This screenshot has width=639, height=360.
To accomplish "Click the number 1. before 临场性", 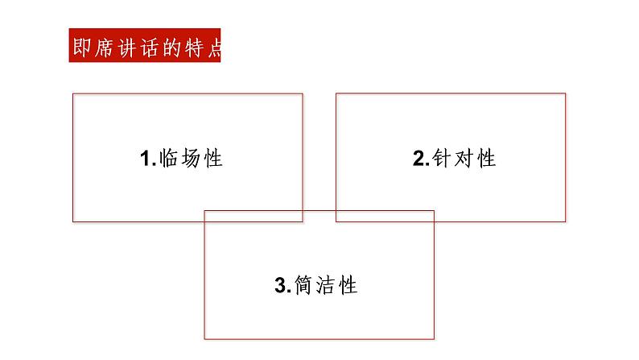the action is (148, 159).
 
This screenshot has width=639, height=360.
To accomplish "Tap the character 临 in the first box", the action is (168, 158).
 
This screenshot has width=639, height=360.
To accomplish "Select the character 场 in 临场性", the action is (191, 158).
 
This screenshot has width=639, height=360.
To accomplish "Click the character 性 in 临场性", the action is (212, 158).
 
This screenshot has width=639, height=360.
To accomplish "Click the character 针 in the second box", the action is (441, 158).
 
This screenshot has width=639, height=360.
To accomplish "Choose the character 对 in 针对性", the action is (464, 158).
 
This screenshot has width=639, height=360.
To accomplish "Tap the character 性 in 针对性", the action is (486, 158).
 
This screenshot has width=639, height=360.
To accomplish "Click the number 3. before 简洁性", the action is (282, 285).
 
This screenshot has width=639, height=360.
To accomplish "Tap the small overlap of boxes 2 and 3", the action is (385, 216).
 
